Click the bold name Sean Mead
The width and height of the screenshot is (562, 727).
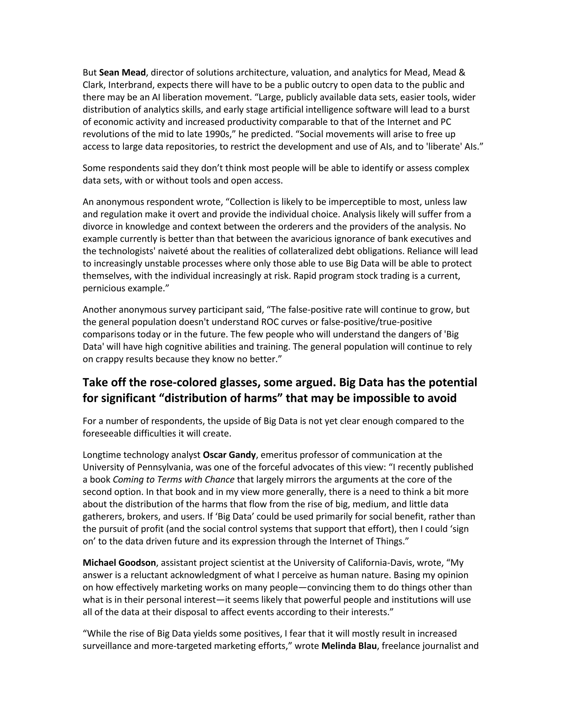coord(122,73)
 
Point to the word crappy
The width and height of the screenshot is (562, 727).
coord(111,359)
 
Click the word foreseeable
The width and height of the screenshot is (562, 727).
coord(106,433)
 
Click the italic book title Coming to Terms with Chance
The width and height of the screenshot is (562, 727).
coord(173,480)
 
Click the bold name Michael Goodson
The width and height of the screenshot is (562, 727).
coord(119,563)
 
